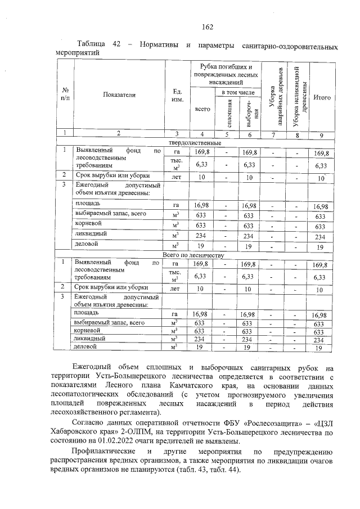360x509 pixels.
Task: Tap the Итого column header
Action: coord(322,97)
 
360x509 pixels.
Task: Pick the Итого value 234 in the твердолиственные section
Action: coord(321,237)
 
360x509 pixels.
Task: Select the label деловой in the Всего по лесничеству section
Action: coord(87,348)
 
